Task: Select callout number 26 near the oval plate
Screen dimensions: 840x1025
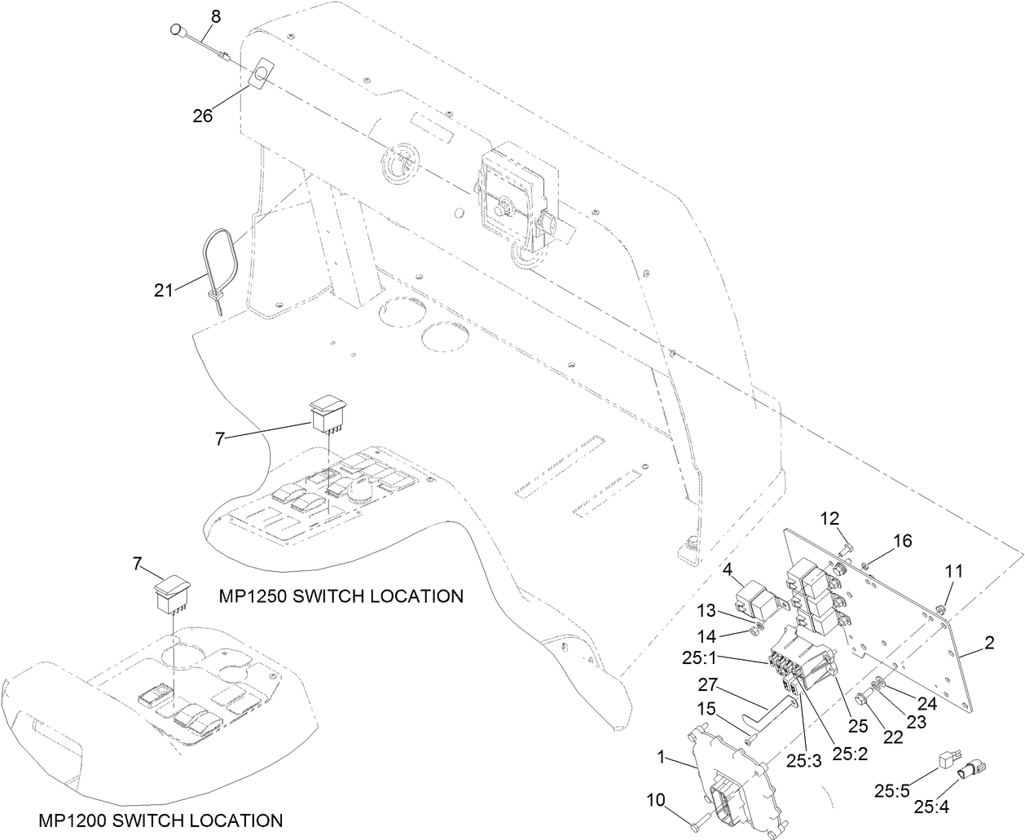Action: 202,116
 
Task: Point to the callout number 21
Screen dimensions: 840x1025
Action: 164,289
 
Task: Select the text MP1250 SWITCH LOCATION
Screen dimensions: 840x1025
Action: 341,596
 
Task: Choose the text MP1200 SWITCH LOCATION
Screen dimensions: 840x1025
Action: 161,820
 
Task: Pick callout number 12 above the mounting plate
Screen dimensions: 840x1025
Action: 829,518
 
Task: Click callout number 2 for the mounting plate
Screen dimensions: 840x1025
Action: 988,644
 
